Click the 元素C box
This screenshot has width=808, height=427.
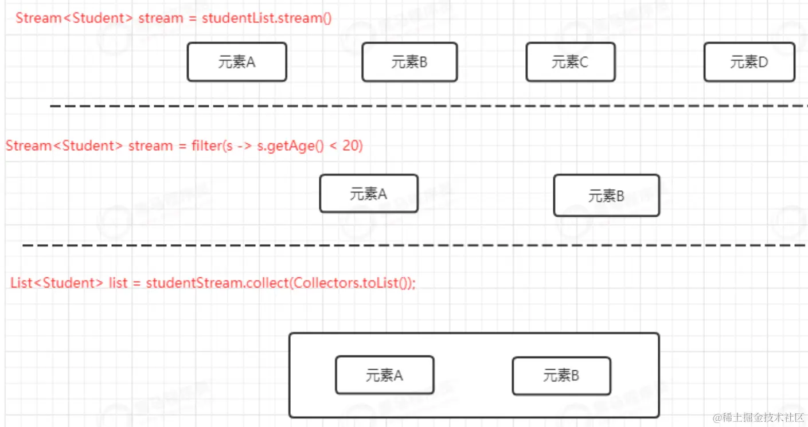coord(570,62)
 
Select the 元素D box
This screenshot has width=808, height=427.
coord(749,62)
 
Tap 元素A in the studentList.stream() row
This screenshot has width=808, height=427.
coord(237,62)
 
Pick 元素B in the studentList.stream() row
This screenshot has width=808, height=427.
coord(409,62)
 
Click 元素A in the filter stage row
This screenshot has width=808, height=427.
coord(369,194)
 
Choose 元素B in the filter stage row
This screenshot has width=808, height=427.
coord(606,196)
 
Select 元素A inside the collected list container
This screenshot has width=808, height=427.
coord(384,375)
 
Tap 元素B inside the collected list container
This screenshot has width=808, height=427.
coord(561,375)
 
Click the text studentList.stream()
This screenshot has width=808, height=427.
coord(267,18)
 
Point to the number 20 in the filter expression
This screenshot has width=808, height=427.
coord(352,146)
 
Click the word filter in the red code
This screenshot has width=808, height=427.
coord(205,146)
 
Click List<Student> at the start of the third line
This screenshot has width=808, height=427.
coord(56,283)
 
